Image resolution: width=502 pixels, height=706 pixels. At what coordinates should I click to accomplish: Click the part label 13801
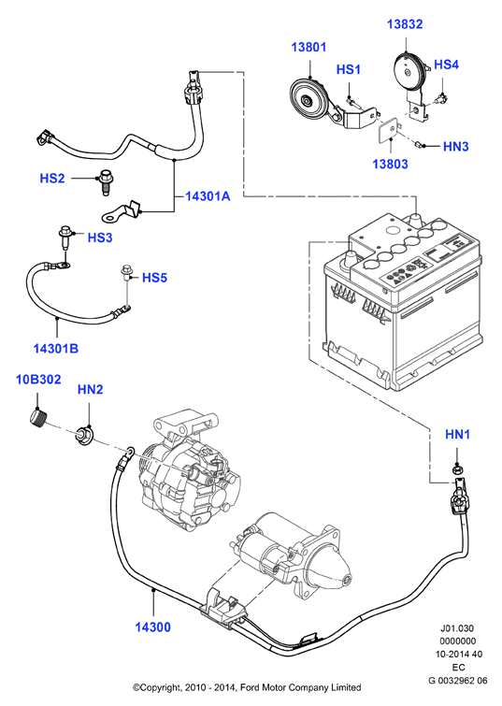[x=308, y=47]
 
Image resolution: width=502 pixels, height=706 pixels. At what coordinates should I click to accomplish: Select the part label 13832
[x=405, y=24]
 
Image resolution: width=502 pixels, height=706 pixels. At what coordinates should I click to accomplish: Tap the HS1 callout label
[x=349, y=69]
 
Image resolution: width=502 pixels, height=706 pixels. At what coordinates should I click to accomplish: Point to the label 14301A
[x=208, y=195]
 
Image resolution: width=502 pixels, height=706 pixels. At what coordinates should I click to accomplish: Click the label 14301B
[x=56, y=348]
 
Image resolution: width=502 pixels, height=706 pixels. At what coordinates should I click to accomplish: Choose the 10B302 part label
[x=38, y=380]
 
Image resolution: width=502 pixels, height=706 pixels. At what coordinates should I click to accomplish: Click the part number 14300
[x=153, y=627]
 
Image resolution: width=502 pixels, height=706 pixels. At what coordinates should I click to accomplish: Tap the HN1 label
[x=457, y=434]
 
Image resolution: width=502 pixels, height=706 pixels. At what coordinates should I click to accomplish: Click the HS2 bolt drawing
[x=105, y=181]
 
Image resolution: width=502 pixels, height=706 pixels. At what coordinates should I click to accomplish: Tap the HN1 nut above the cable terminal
[x=457, y=470]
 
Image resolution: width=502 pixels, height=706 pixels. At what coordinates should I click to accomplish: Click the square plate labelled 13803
[x=389, y=130]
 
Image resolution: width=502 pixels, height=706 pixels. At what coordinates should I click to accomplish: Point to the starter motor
[x=293, y=555]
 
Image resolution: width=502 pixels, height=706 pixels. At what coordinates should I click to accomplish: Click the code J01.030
[x=457, y=628]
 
